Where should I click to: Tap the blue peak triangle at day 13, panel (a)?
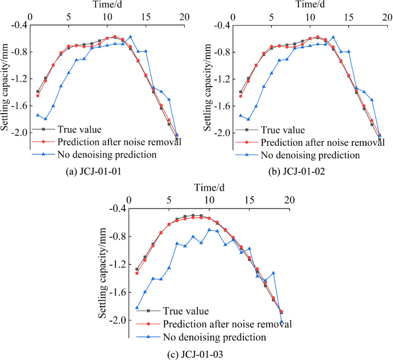coord(130,37)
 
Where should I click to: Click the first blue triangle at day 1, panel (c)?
coord(137,308)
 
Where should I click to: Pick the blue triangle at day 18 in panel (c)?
coord(274,273)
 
